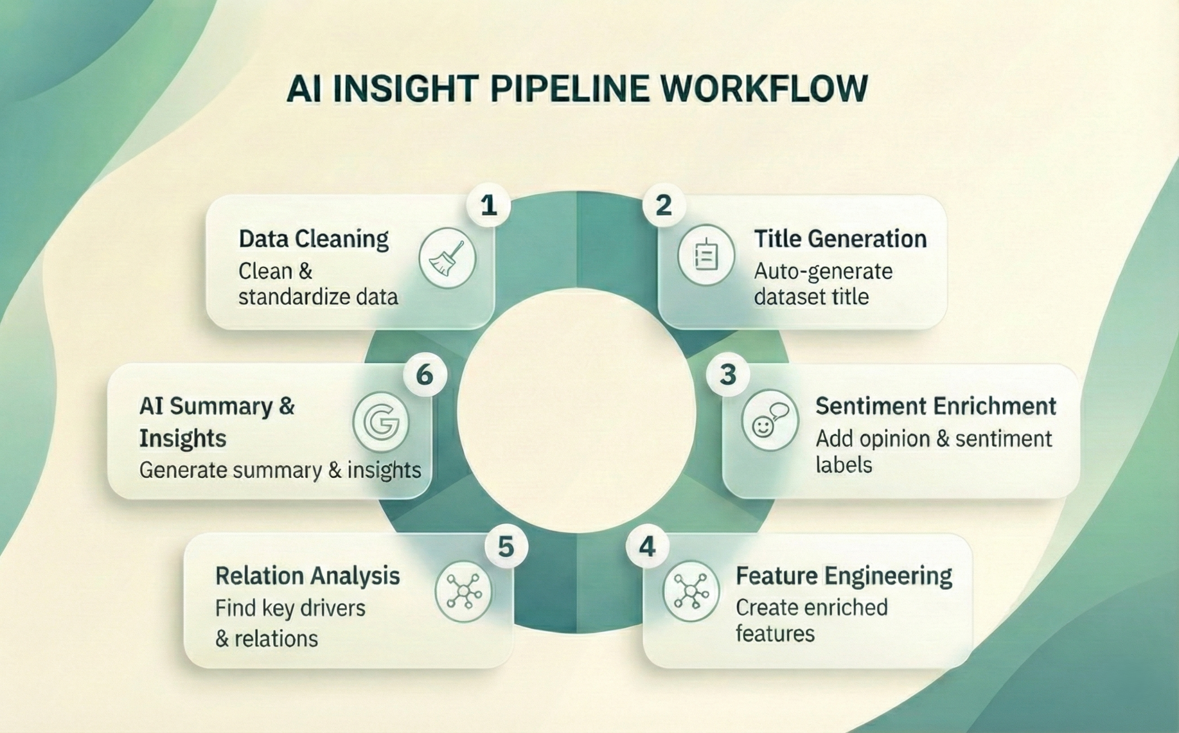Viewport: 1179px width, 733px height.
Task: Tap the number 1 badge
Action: (488, 206)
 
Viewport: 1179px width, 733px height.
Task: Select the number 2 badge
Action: (664, 206)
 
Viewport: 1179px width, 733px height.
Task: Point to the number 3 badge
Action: (727, 375)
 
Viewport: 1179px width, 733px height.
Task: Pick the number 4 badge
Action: (647, 548)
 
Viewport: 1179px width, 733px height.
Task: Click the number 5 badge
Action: (506, 548)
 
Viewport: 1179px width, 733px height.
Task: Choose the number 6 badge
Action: (425, 375)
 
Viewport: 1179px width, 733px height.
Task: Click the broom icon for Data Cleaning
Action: (447, 258)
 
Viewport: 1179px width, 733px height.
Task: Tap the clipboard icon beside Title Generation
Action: (706, 255)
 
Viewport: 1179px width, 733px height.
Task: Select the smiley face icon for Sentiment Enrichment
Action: (770, 420)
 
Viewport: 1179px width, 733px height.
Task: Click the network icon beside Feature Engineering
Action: (691, 591)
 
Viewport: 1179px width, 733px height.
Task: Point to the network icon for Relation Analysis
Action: (463, 592)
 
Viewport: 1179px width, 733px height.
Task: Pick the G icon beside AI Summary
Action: (381, 422)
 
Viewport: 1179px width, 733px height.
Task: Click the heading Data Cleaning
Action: (314, 239)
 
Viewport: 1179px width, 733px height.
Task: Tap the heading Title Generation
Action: (840, 239)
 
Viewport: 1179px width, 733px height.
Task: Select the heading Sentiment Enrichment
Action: (935, 406)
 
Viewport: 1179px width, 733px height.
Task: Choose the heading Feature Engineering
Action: (844, 577)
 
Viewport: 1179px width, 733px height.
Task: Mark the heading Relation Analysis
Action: (307, 576)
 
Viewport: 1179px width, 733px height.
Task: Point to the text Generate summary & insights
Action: (280, 470)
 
